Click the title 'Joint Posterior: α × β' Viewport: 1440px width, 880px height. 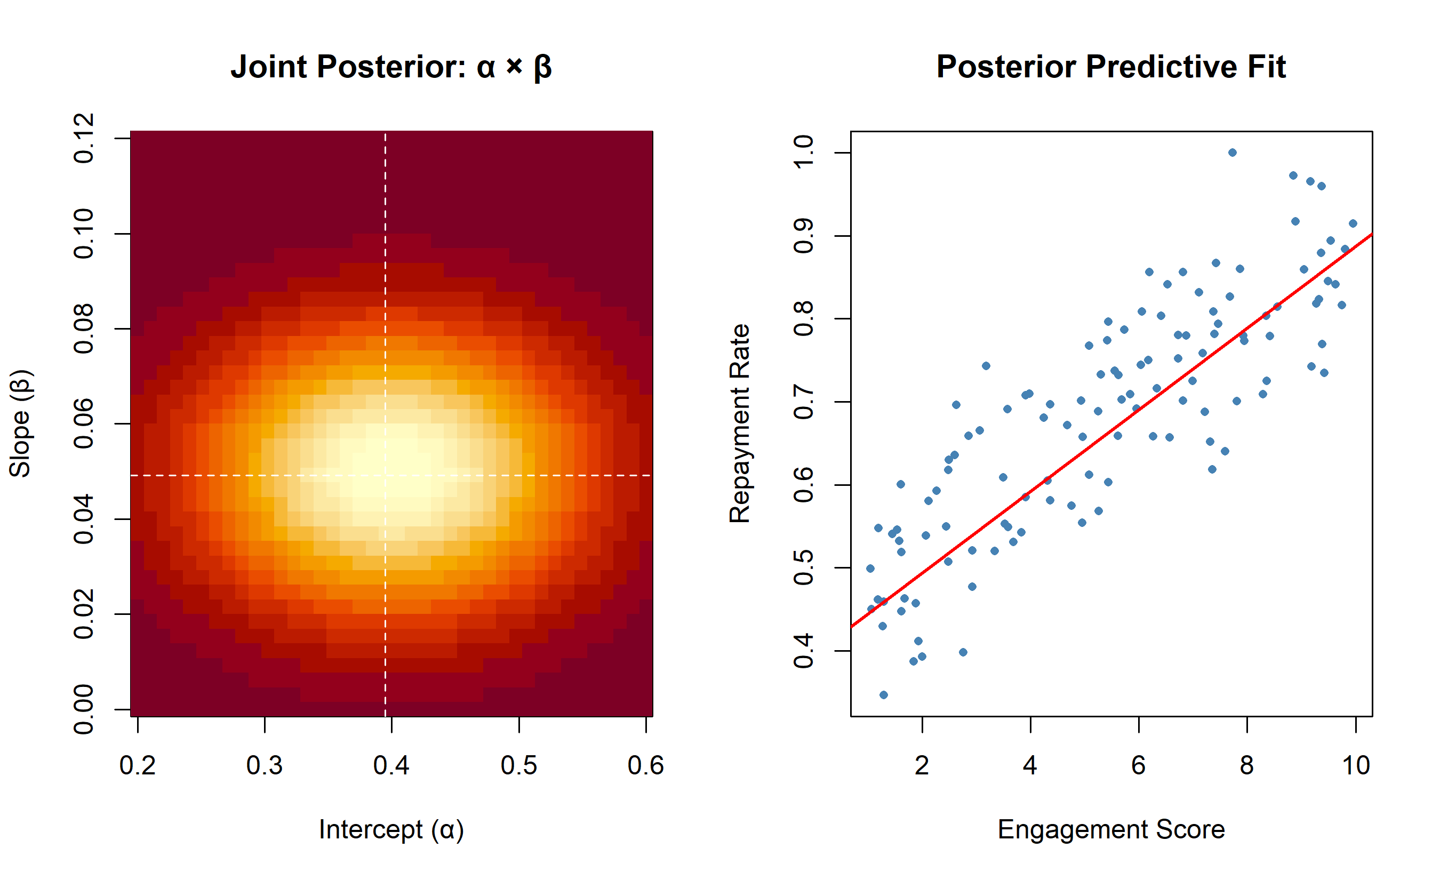coord(391,67)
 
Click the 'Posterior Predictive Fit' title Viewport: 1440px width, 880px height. coord(1111,67)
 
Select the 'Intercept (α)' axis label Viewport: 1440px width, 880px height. coord(391,829)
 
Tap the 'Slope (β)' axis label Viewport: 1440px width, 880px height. coord(20,423)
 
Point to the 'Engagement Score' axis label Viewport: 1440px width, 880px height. coord(1111,830)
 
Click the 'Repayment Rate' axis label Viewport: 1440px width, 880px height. coord(739,423)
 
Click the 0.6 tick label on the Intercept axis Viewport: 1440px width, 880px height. coord(646,765)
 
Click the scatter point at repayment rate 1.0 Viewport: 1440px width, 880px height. coord(1232,153)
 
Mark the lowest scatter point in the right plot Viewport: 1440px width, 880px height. coord(884,695)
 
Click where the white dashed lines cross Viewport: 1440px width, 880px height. coord(385,475)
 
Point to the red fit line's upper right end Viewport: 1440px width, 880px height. coord(1372,234)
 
